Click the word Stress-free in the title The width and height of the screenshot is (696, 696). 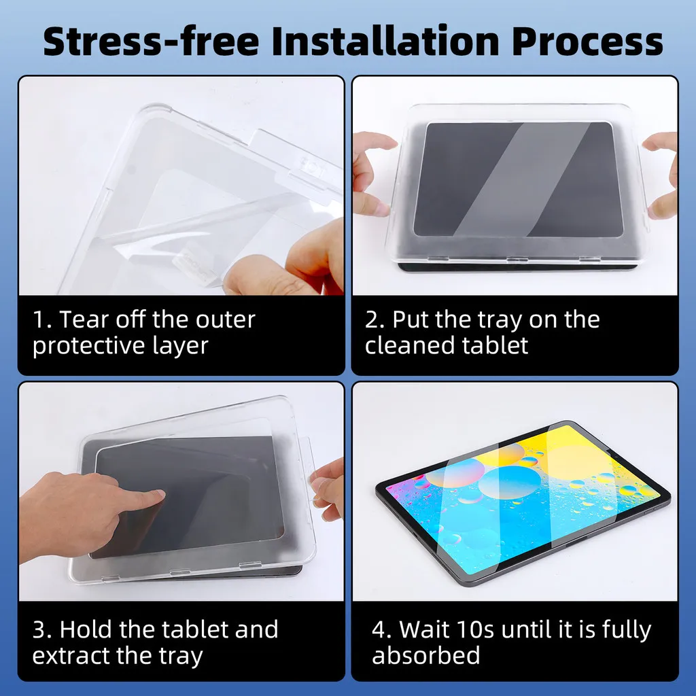click(151, 41)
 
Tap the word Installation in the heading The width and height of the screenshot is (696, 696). click(385, 41)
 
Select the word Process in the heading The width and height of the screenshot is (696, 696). click(587, 41)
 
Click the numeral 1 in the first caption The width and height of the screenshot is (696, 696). click(39, 319)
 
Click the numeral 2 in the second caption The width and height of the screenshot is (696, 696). click(372, 319)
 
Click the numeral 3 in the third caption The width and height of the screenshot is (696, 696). click(39, 629)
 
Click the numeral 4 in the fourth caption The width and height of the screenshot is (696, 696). click(379, 629)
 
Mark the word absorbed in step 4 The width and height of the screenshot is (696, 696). click(426, 656)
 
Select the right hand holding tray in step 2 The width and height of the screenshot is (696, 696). click(662, 175)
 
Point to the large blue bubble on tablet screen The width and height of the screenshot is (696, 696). click(508, 483)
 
